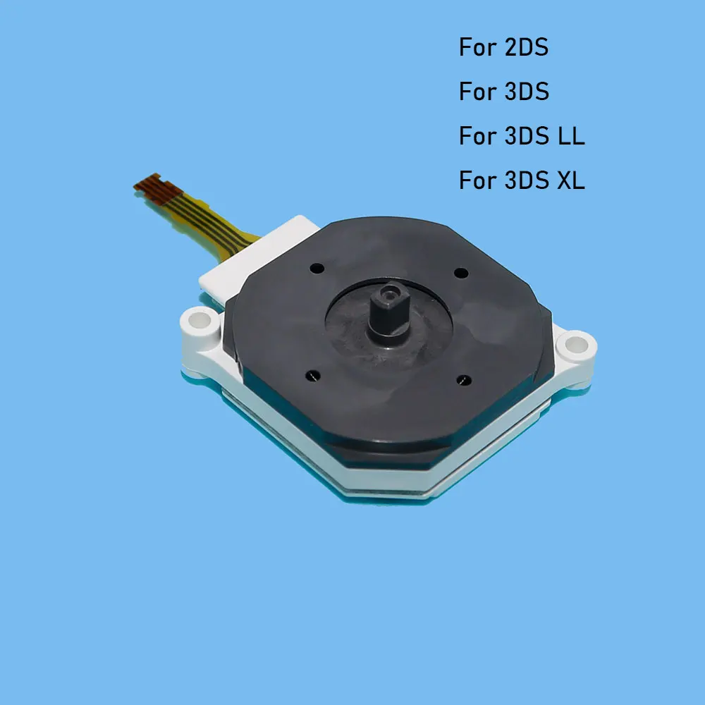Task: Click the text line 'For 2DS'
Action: pos(503,48)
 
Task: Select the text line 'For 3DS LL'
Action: pos(522,136)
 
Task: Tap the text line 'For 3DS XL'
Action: pos(522,180)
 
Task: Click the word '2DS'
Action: pos(526,48)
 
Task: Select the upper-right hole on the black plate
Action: pos(461,272)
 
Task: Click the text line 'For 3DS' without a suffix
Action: pos(503,92)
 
